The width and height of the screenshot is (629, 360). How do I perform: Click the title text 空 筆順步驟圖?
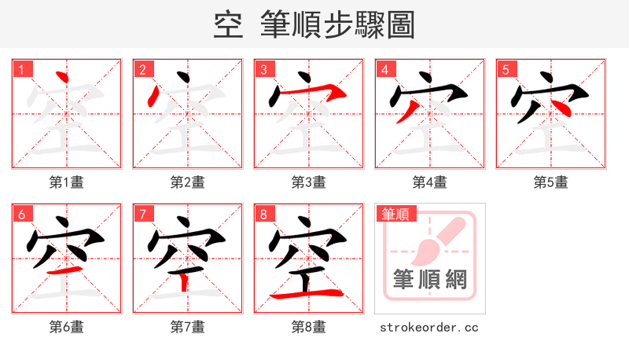click(x=314, y=25)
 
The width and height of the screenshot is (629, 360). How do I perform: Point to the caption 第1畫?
click(x=67, y=182)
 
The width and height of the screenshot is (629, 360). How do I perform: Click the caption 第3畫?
click(x=309, y=182)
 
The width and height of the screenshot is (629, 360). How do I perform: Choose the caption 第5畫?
click(x=551, y=182)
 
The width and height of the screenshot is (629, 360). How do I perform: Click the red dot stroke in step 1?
click(x=62, y=79)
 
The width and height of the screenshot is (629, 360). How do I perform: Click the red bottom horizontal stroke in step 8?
click(x=307, y=295)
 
